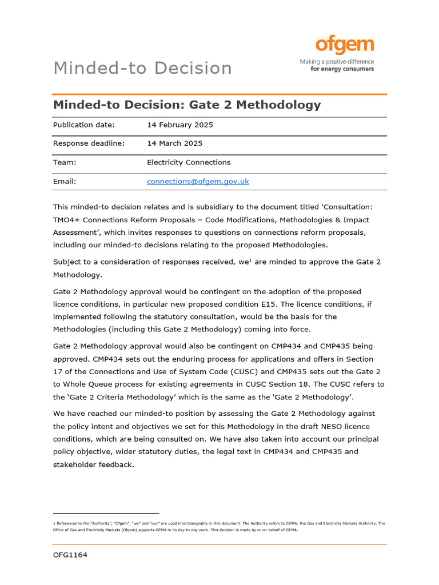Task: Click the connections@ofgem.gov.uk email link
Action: point(198,182)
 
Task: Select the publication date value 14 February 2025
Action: point(180,125)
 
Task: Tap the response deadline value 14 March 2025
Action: point(174,143)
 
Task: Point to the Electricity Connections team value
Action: point(189,162)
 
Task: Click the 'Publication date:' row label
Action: point(84,125)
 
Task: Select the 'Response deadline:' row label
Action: point(89,143)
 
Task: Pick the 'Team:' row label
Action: point(65,162)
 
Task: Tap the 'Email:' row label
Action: point(65,182)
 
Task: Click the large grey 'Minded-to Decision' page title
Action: point(142,68)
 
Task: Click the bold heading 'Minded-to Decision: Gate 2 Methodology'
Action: point(187,105)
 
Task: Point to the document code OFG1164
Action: point(70,555)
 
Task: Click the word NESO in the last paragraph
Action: point(313,426)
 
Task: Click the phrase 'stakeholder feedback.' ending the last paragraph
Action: point(94,464)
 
